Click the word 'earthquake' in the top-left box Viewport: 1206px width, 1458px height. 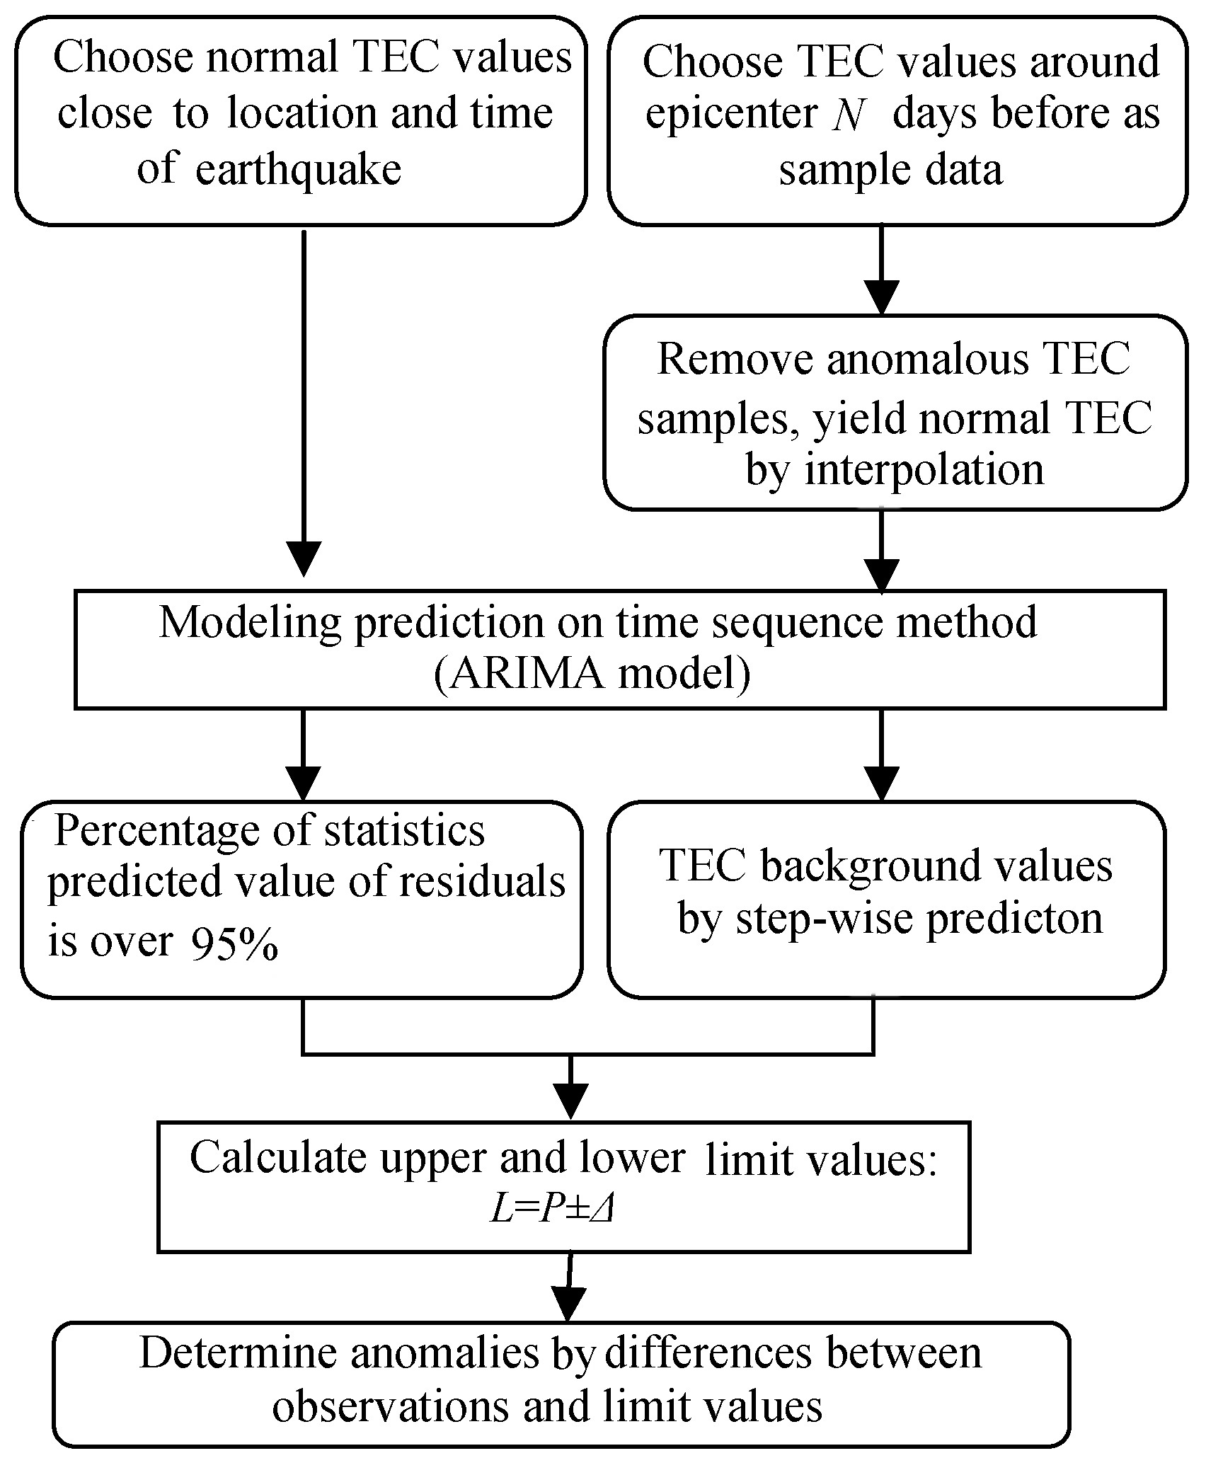pyautogui.click(x=298, y=171)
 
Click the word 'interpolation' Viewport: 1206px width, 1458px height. pyautogui.click(x=924, y=470)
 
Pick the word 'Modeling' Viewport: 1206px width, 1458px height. pyautogui.click(x=250, y=623)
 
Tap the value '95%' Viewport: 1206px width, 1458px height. pyautogui.click(x=233, y=943)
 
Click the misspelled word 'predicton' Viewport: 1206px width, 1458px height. pyautogui.click(x=1014, y=919)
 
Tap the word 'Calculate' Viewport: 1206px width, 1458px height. pyautogui.click(x=276, y=1159)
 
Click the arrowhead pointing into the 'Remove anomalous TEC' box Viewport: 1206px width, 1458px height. pyautogui.click(x=881, y=297)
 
